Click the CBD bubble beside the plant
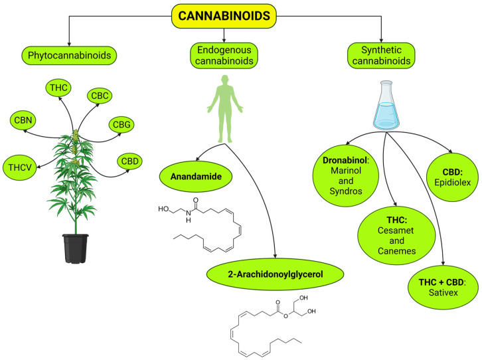click(x=130, y=161)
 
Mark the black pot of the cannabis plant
click(x=76, y=248)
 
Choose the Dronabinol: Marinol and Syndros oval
click(x=349, y=173)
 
